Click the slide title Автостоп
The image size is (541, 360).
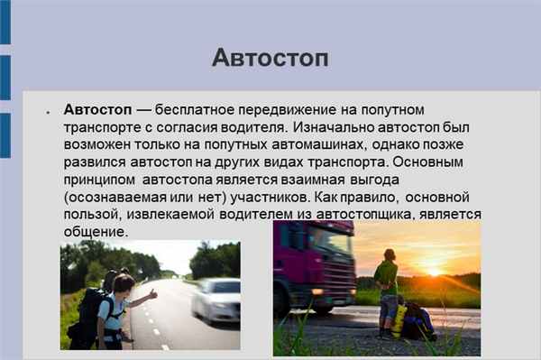coord(270,58)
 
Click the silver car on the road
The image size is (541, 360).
coord(215,300)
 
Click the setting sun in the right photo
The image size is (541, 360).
coord(436,270)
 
